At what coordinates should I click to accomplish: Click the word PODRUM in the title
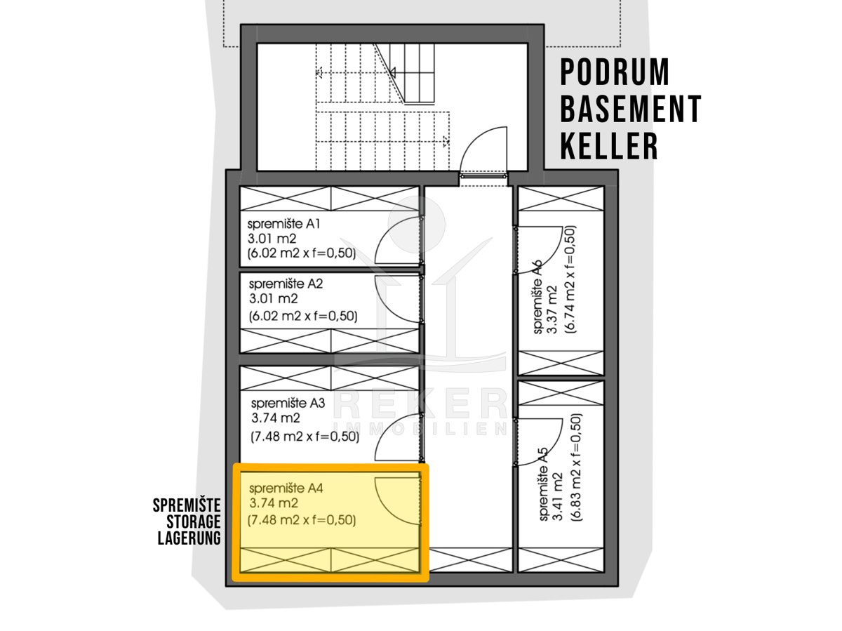[615, 72]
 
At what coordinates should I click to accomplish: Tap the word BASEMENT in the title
[631, 109]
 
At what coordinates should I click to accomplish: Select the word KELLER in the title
[609, 146]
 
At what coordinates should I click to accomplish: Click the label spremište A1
[283, 225]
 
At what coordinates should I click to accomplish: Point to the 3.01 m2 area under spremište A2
[273, 298]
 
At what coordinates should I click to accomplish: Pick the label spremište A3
[288, 404]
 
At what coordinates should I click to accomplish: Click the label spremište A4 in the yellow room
[286, 489]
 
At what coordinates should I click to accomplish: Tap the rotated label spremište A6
[537, 296]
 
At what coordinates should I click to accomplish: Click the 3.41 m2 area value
[557, 497]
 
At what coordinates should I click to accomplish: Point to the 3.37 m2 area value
[551, 310]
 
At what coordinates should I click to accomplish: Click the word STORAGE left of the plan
[194, 522]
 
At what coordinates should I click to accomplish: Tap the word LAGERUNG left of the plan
[189, 538]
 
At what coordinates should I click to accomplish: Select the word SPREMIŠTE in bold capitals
[187, 505]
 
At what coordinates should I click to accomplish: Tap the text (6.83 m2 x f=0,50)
[577, 467]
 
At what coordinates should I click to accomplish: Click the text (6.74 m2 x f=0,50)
[570, 279]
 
